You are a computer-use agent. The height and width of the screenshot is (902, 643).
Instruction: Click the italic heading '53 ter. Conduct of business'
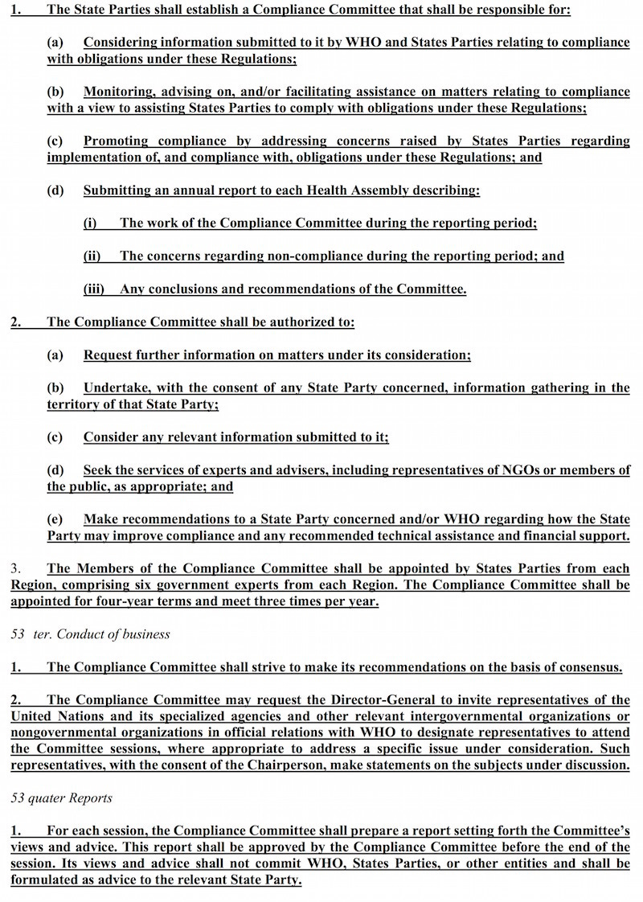[x=90, y=634]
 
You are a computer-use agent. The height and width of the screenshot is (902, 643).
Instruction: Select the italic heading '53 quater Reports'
[x=61, y=798]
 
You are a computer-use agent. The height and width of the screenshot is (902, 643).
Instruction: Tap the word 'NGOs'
[x=520, y=469]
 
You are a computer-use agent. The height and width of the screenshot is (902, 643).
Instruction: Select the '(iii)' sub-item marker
[x=96, y=289]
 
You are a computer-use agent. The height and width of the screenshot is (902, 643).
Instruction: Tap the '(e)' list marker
[x=55, y=519]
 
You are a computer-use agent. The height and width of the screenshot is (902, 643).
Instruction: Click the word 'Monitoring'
[x=119, y=91]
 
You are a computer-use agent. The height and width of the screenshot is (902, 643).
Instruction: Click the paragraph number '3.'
[x=16, y=568]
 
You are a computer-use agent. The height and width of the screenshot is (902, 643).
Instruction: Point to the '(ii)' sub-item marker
[x=93, y=256]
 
